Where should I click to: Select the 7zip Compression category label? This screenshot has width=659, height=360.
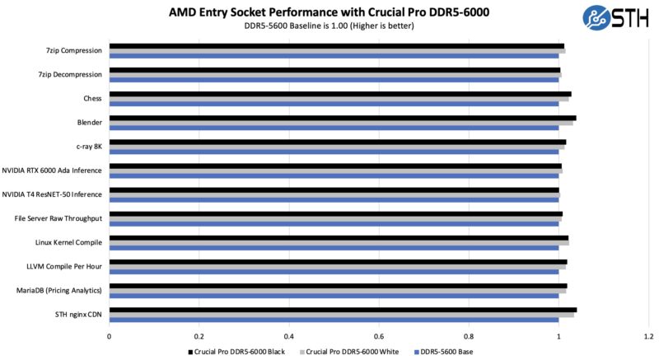click(74, 50)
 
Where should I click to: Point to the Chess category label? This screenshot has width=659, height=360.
click(92, 98)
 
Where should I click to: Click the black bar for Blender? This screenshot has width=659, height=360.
click(342, 118)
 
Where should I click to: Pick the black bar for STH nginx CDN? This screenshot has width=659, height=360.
click(342, 310)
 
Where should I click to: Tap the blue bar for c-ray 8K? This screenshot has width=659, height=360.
click(334, 152)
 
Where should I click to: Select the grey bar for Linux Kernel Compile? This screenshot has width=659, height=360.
click(338, 243)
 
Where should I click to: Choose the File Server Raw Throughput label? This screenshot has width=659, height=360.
click(58, 218)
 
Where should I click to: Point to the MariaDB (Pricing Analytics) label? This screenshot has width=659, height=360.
click(59, 290)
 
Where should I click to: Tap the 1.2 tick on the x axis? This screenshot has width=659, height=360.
click(648, 336)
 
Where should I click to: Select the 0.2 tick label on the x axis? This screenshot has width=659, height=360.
click(199, 336)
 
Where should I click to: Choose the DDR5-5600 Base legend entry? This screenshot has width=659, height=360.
click(446, 352)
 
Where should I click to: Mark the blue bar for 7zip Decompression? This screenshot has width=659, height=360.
click(334, 80)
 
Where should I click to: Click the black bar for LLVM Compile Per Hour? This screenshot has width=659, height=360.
click(338, 262)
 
